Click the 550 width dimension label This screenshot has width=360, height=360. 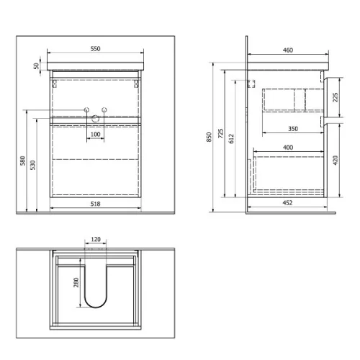[x=95, y=49]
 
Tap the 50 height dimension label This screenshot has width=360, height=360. [x=36, y=66]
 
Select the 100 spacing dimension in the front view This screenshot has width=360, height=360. [x=95, y=135]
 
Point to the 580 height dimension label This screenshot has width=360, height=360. [x=22, y=161]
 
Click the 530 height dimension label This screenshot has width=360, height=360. [x=32, y=165]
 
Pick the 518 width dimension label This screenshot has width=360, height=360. [x=95, y=204]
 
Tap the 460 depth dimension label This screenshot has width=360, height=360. [x=288, y=50]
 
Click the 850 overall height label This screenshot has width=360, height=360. [x=209, y=137]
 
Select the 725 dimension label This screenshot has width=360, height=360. [x=220, y=133]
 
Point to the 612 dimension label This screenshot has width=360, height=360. [x=231, y=139]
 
